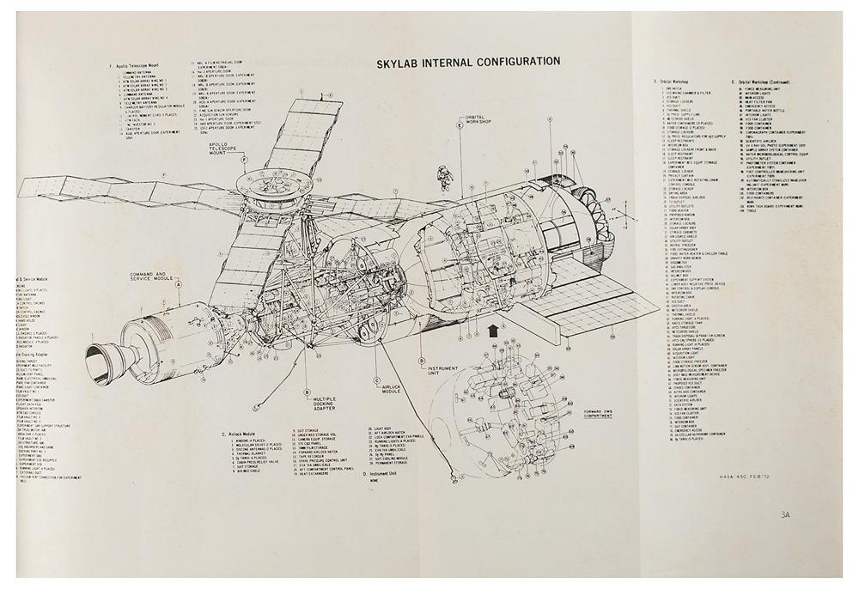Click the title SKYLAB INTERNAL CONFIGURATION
pyautogui.click(x=468, y=62)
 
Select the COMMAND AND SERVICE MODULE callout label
pyautogui.click(x=153, y=276)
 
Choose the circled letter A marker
pyautogui.click(x=179, y=290)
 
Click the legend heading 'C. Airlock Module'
pyautogui.click(x=245, y=434)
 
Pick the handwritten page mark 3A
pyautogui.click(x=786, y=516)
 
